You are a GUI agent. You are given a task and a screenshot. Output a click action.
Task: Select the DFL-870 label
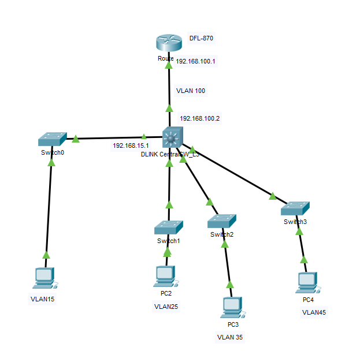tap(202, 39)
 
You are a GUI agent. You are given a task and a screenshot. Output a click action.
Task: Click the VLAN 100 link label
tap(191, 91)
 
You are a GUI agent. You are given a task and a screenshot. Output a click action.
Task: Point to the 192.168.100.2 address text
tap(199, 118)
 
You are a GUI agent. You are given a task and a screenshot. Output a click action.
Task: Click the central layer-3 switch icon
tap(172, 137)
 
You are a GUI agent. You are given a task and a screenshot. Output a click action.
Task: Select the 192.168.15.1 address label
tap(131, 145)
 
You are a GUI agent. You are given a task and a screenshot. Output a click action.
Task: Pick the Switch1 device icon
tap(169, 227)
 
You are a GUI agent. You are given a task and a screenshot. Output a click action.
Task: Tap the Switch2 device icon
tap(222, 221)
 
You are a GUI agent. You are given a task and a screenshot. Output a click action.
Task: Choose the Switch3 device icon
tap(295, 208)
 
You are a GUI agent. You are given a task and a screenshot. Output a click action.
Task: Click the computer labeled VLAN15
tap(44, 278)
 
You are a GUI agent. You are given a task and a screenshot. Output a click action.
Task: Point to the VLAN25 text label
tap(166, 307)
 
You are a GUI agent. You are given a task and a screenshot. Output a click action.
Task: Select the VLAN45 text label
tap(314, 312)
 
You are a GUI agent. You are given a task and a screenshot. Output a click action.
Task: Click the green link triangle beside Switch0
tap(76, 139)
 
